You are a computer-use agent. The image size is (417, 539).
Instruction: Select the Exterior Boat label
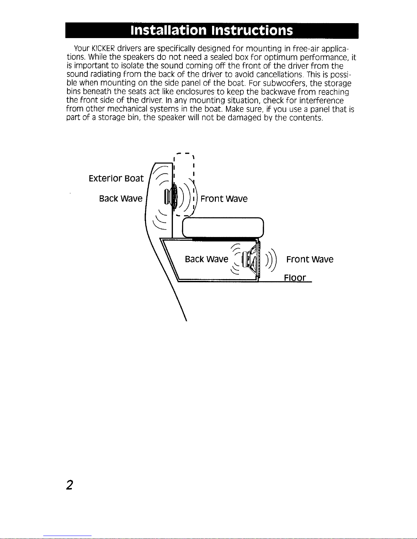pos(116,179)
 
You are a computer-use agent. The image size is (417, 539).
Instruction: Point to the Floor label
pos(295,278)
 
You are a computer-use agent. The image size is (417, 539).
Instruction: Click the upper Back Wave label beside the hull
pos(121,199)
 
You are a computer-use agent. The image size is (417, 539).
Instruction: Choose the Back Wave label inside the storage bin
pos(206,259)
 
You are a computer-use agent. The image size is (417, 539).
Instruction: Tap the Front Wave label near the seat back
pos(224,199)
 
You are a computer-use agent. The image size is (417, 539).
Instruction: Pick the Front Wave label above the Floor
pos(310,259)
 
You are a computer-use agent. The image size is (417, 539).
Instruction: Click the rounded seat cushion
pos(223,227)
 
